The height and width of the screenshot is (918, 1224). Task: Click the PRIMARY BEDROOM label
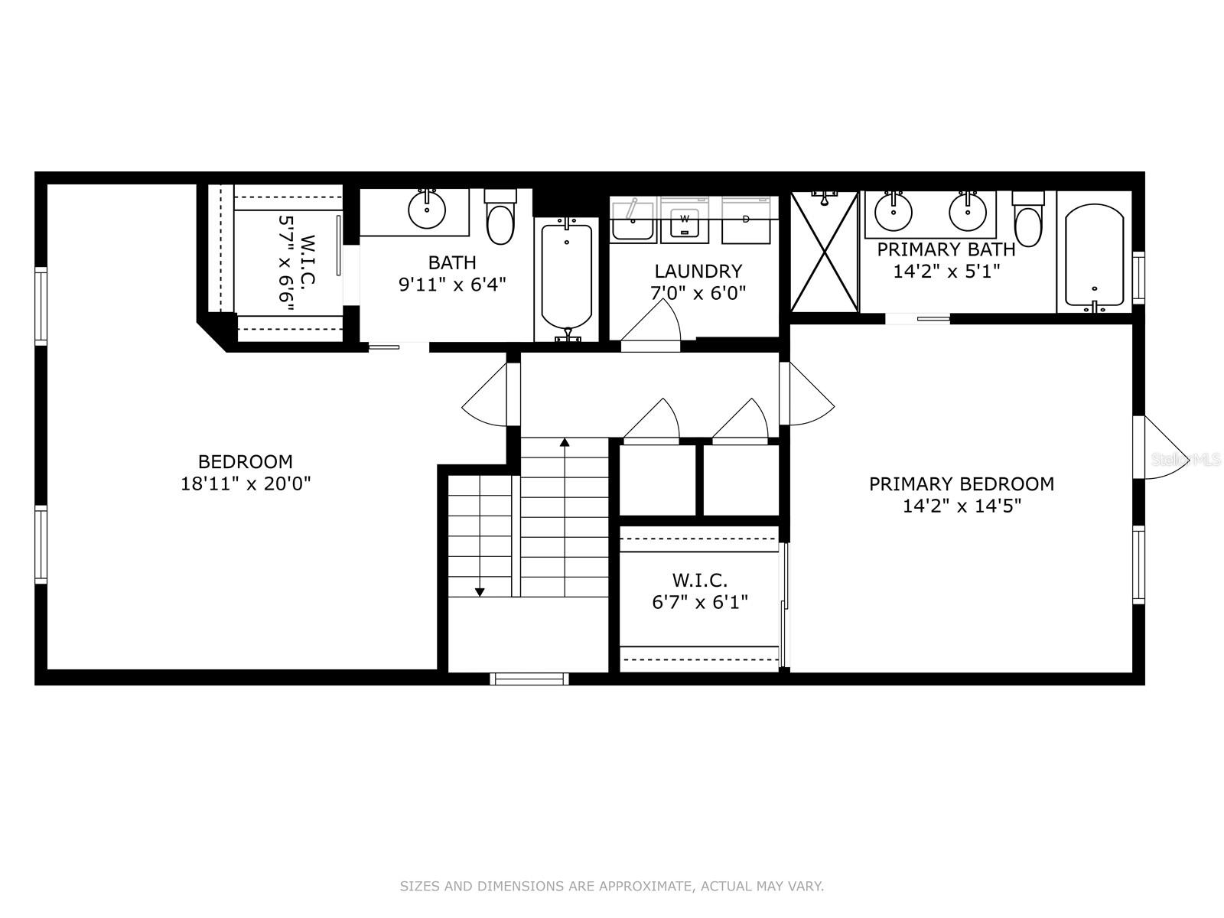(961, 483)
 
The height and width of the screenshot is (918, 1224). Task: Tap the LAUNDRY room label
(698, 271)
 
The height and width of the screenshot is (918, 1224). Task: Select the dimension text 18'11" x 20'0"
(246, 483)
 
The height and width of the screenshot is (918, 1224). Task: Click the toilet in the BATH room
(501, 220)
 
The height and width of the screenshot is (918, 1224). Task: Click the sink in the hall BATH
(427, 209)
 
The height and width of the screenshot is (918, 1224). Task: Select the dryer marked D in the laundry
(746, 221)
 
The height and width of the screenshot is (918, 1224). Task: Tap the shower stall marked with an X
(824, 252)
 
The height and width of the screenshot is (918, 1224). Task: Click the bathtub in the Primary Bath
(1094, 256)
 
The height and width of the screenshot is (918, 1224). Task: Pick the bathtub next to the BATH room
(567, 275)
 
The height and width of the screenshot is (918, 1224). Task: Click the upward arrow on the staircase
(565, 442)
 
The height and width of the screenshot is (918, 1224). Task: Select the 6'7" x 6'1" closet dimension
(699, 602)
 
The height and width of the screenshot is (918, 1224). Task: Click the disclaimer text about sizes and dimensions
(611, 887)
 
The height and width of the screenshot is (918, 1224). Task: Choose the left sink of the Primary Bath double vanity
(893, 211)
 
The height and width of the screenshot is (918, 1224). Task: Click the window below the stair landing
(529, 679)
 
